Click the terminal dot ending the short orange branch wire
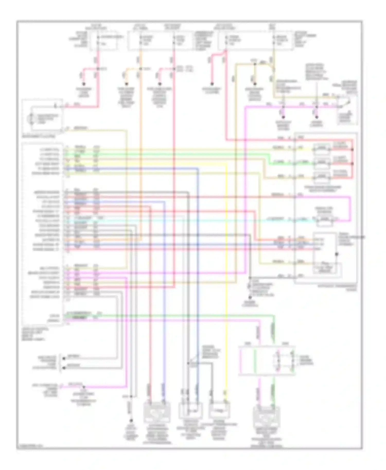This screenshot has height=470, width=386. point(126,84)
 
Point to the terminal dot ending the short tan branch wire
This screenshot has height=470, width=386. point(255,84)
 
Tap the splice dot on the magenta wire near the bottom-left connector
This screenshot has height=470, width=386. point(83,387)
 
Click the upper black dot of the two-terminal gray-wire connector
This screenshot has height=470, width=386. point(64,358)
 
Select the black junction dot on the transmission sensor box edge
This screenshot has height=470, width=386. point(336,254)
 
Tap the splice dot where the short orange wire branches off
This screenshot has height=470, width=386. point(141,69)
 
